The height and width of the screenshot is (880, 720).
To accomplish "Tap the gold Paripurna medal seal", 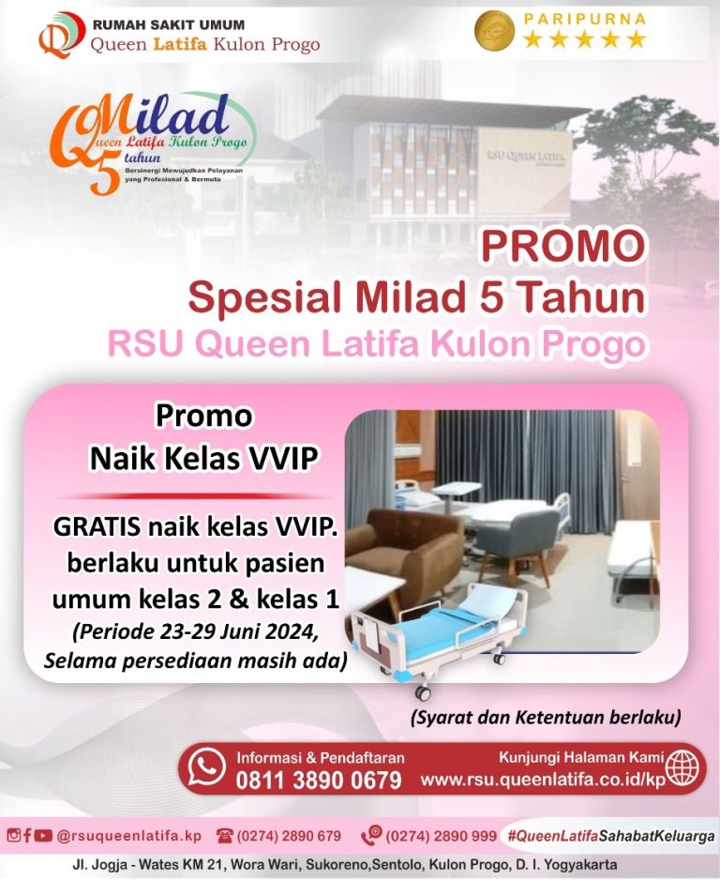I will [494, 31].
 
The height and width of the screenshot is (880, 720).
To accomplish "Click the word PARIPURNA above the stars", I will [584, 18].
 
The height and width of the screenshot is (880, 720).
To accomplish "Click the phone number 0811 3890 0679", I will [318, 780].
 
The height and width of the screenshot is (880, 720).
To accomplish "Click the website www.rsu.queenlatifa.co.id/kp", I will [544, 780].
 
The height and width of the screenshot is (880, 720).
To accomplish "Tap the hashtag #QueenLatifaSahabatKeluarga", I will [610, 835].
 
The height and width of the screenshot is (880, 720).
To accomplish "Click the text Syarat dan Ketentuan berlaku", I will [545, 719].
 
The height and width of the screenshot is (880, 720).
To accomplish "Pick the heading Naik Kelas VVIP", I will [203, 458].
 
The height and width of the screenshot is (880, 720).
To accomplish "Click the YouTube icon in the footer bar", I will [43, 835].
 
